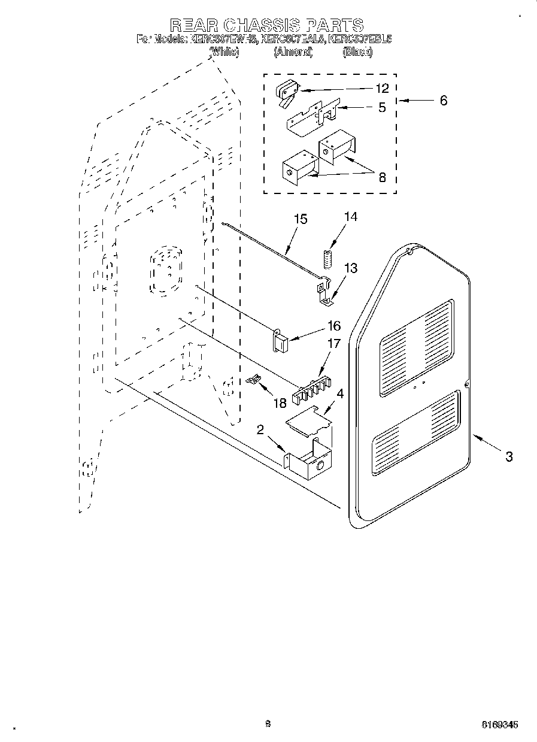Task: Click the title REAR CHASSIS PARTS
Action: pos(266,25)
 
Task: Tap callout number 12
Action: pos(382,88)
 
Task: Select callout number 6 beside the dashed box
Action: pos(444,101)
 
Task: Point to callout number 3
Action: pos(508,457)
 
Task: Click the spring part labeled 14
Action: pos(327,259)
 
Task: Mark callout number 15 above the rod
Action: pos(301,219)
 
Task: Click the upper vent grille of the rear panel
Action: pos(416,349)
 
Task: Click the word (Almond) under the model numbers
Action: pos(293,52)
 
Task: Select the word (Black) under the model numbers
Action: pos(358,52)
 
